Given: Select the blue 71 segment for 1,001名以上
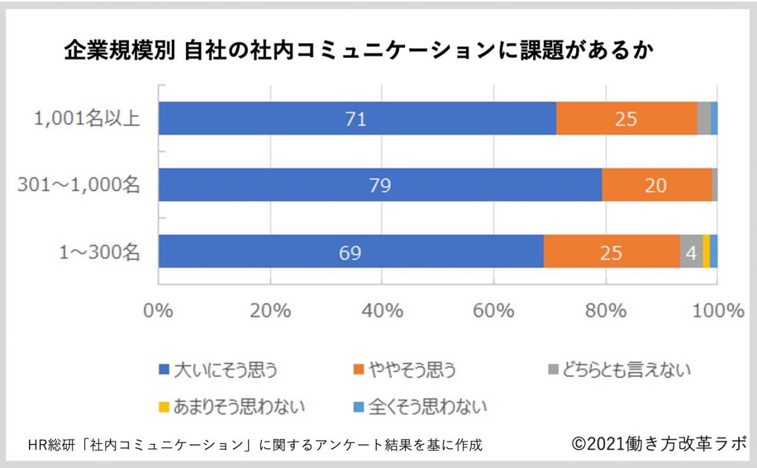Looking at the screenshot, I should click(357, 119).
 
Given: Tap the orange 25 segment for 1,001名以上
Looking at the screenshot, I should click(626, 119).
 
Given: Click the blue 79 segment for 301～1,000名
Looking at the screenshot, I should click(380, 185).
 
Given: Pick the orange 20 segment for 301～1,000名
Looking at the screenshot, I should click(657, 185).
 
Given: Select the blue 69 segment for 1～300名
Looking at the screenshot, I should click(351, 252).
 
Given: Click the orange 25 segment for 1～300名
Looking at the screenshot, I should click(611, 252).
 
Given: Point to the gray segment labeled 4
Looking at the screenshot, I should click(691, 252).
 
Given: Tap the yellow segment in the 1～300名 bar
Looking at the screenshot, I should click(706, 252).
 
